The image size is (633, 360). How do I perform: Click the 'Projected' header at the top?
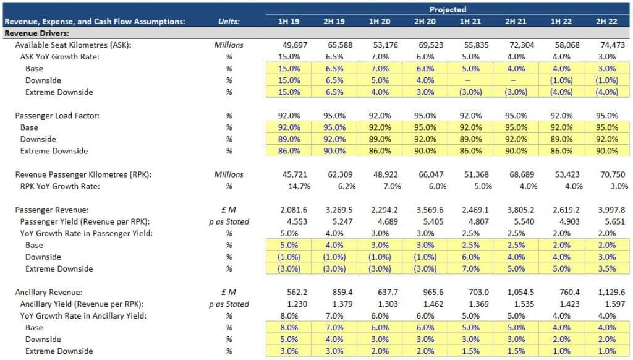tap(448, 9)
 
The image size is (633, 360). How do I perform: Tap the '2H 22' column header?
tap(606, 22)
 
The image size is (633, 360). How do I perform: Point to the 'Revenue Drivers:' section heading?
tap(36, 33)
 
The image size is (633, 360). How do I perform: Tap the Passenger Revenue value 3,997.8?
tap(605, 210)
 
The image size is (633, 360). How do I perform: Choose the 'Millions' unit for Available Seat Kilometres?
tap(229, 45)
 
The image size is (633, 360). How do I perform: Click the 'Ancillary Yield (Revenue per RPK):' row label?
tap(82, 304)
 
